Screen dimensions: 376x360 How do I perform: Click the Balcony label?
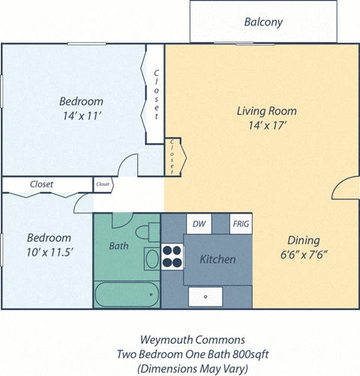pos(263,22)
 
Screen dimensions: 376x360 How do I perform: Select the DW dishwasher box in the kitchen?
pos(199,223)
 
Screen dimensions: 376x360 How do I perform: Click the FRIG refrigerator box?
pos(241,223)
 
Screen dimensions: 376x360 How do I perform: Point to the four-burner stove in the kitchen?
pos(172,256)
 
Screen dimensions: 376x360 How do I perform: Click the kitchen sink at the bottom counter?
pos(208,297)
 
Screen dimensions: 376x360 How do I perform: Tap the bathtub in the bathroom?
pos(125,294)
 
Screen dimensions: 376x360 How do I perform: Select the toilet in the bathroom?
pos(153,230)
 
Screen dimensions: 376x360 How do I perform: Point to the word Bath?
pos(118,245)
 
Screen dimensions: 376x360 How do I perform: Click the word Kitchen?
pos(217,259)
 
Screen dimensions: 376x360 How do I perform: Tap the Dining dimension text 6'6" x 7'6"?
pos(304,255)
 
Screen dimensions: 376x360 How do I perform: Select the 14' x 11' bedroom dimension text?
pos(81,115)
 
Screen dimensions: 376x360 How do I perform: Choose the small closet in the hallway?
pos(103,184)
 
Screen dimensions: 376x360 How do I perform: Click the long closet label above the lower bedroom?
pos(41,184)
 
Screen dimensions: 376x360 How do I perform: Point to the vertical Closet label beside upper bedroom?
pos(156,94)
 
